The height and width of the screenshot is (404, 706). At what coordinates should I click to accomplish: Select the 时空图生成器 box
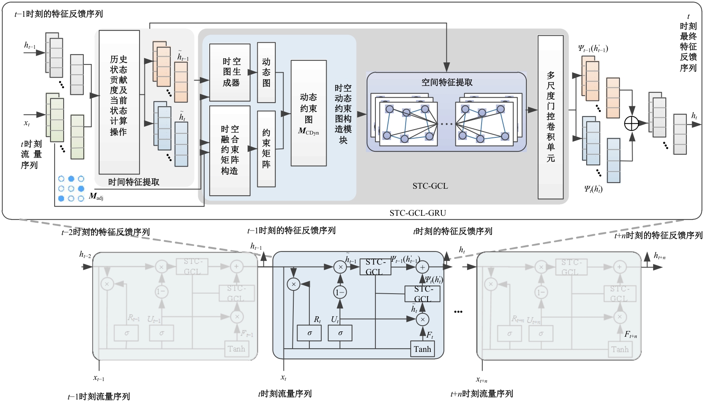tap(230, 72)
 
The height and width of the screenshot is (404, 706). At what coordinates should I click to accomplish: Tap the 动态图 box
tap(266, 72)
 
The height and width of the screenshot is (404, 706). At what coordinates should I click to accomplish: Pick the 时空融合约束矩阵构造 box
tap(230, 151)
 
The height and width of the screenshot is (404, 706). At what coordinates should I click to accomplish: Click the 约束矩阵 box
tap(266, 148)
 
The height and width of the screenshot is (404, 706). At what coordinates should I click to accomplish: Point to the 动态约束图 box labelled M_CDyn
tap(308, 113)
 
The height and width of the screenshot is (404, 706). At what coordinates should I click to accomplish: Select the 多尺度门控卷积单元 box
tap(551, 117)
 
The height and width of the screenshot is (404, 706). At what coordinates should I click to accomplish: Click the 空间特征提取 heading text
tap(447, 82)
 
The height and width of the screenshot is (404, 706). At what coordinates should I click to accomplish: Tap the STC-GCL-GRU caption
tap(418, 213)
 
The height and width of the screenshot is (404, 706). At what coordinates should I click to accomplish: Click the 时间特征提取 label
tap(134, 182)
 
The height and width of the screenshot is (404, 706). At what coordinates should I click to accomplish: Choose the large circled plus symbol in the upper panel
tap(631, 123)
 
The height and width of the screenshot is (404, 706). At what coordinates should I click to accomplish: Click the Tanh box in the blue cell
tap(422, 349)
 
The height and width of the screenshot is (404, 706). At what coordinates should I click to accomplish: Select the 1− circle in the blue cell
tap(340, 292)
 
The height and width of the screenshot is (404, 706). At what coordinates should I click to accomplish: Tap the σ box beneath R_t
tap(309, 333)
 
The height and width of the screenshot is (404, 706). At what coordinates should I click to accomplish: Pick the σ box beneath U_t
tap(340, 333)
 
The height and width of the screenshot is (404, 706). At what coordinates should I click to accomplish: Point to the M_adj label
tap(96, 197)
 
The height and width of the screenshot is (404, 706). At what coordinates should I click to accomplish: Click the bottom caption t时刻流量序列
tap(285, 394)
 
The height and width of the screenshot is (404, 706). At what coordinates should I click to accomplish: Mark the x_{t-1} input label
tap(99, 379)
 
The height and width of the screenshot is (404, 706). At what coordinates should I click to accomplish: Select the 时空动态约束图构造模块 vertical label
tap(343, 114)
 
